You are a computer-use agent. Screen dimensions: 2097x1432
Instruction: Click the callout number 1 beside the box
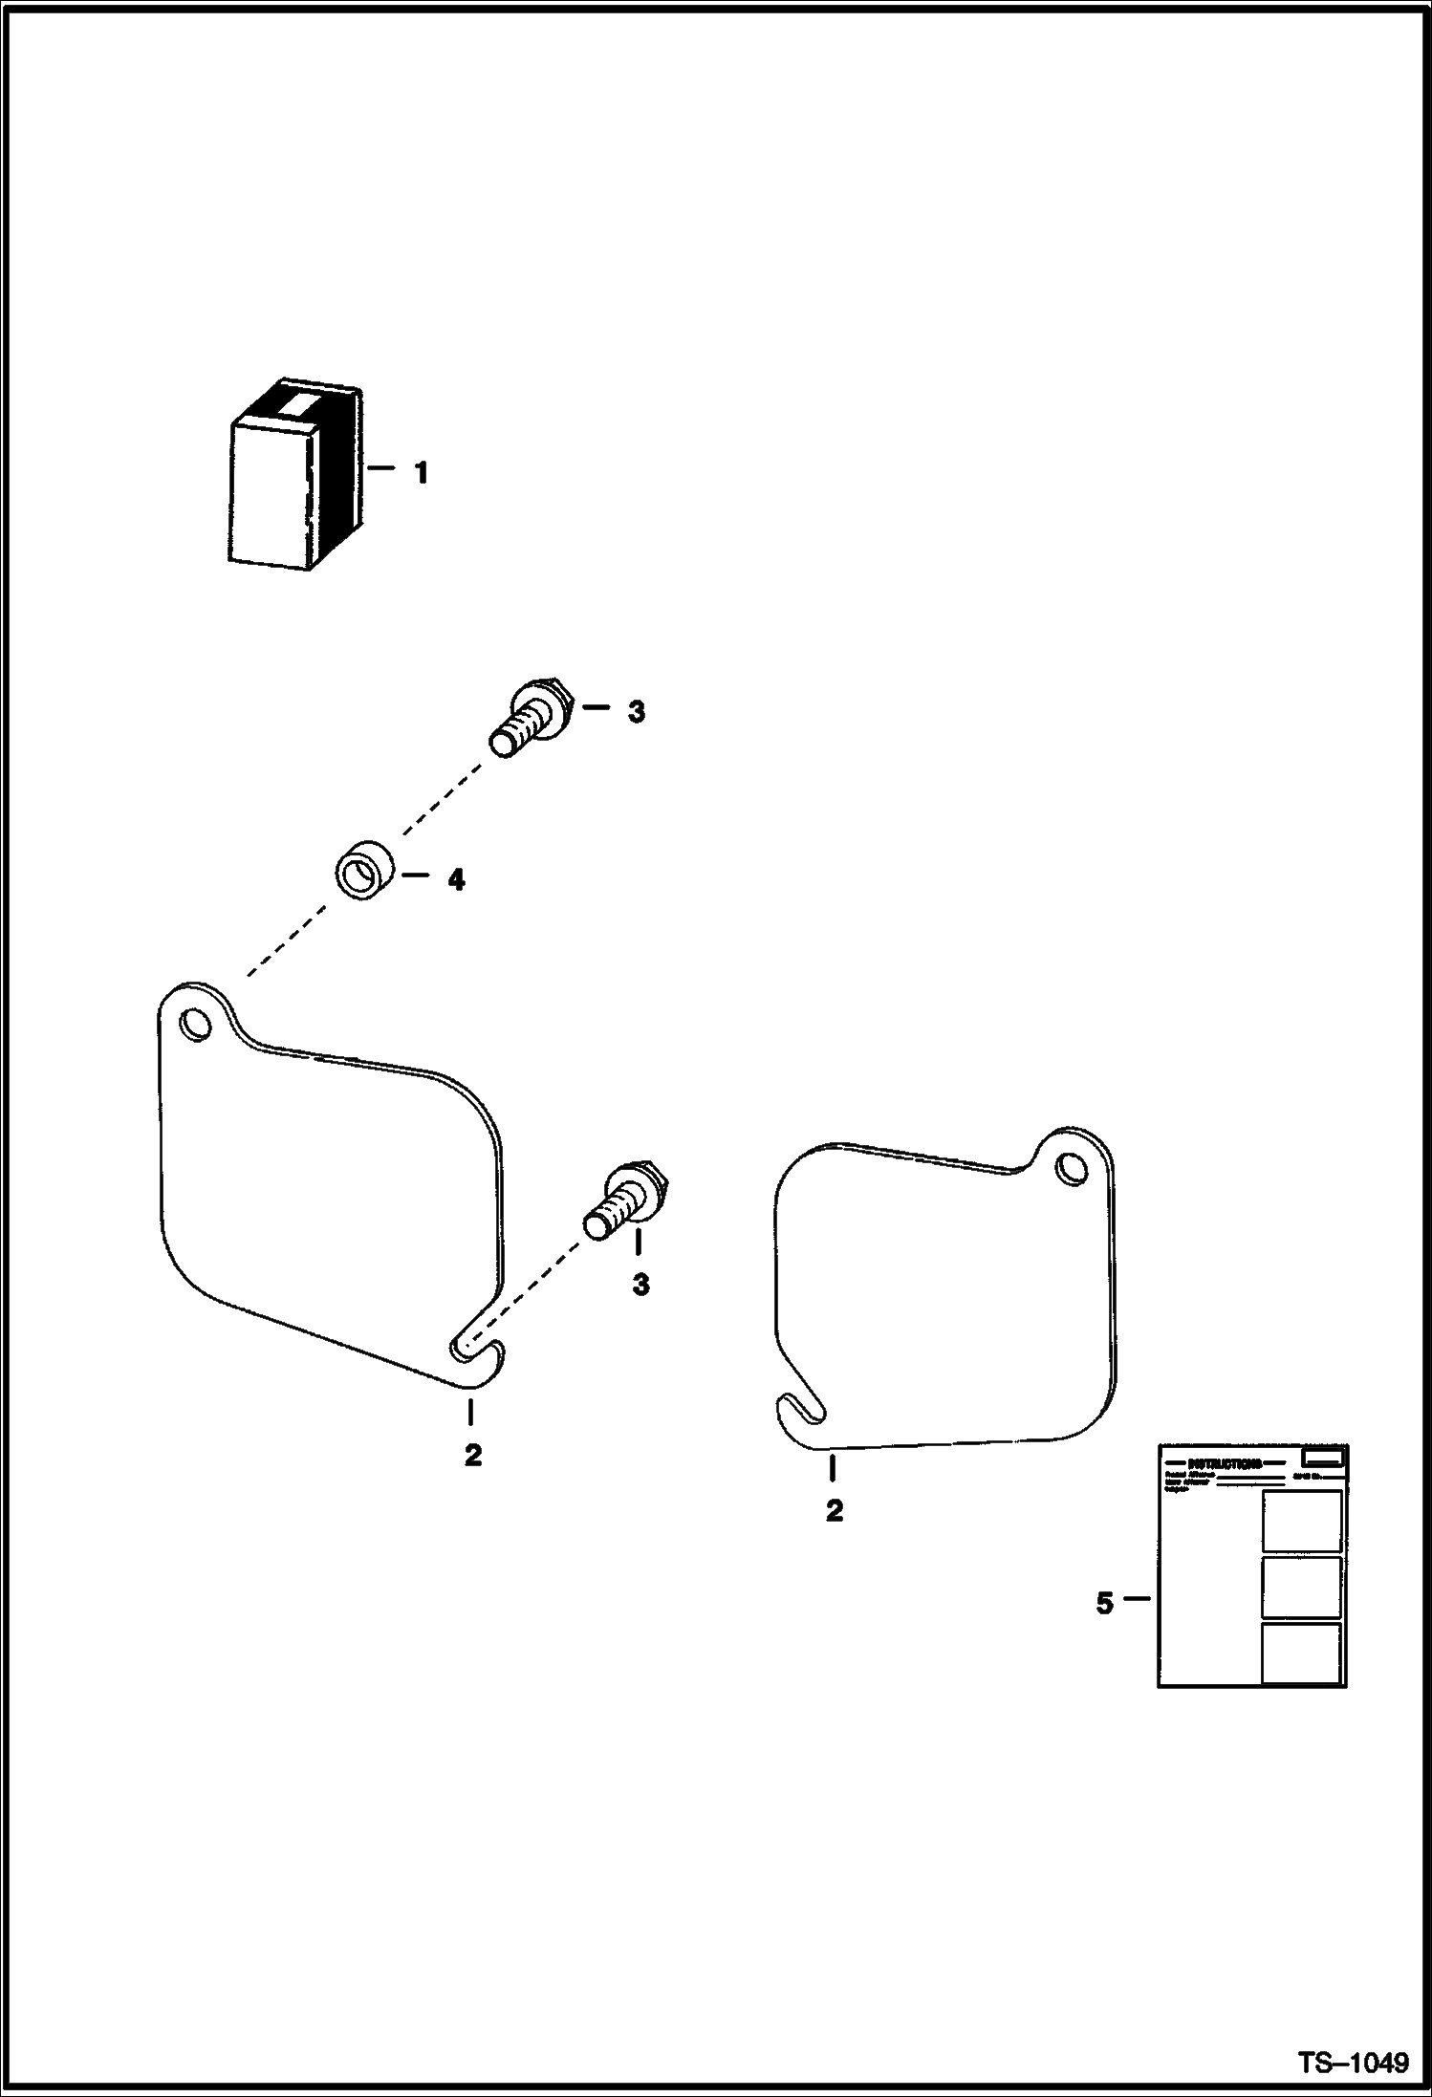[x=420, y=473]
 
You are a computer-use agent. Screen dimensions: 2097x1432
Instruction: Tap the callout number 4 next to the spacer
[x=456, y=880]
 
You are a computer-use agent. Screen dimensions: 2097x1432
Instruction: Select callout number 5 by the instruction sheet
[x=1104, y=1603]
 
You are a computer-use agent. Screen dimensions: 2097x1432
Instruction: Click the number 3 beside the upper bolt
[x=636, y=712]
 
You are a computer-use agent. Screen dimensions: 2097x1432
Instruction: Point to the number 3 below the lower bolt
[x=640, y=1285]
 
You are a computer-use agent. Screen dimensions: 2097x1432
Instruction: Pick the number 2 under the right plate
[x=835, y=1511]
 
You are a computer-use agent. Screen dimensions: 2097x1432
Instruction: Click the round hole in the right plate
[x=1073, y=1168]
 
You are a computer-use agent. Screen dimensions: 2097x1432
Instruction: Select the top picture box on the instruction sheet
[x=1301, y=1521]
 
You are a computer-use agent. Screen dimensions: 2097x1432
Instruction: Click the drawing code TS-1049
[x=1352, y=2062]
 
